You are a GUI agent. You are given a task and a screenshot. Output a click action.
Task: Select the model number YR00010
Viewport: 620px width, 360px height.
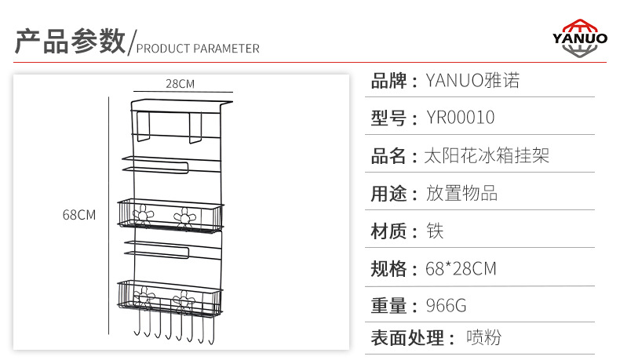pos(460,118)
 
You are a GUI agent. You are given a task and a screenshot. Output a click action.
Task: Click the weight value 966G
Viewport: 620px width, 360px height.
pos(446,306)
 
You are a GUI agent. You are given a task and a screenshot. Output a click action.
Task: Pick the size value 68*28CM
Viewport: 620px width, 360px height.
pos(461,269)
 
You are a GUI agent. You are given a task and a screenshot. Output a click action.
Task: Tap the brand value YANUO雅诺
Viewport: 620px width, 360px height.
pos(472,80)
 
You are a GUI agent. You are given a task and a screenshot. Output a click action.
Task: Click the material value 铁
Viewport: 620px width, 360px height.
pos(435,231)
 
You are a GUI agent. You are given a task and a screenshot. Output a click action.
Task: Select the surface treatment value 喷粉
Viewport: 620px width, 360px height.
pos(483,338)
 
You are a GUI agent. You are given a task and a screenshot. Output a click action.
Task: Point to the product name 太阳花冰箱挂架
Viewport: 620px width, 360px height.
pos(486,155)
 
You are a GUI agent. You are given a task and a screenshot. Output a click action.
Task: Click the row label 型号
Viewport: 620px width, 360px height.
pos(388,118)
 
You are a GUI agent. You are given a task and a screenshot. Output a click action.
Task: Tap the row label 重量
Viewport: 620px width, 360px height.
pos(388,306)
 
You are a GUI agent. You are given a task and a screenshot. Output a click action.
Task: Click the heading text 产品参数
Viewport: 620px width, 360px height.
pos(71,42)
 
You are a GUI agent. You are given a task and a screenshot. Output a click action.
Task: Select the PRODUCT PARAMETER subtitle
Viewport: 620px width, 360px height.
pos(198,49)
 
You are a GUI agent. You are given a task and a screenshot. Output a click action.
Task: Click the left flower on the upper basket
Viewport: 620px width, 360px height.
pos(142,214)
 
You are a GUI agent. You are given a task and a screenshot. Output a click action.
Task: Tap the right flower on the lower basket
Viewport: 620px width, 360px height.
pos(185,300)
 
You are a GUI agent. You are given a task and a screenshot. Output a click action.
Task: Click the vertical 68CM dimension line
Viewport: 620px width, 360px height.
pos(108,212)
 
